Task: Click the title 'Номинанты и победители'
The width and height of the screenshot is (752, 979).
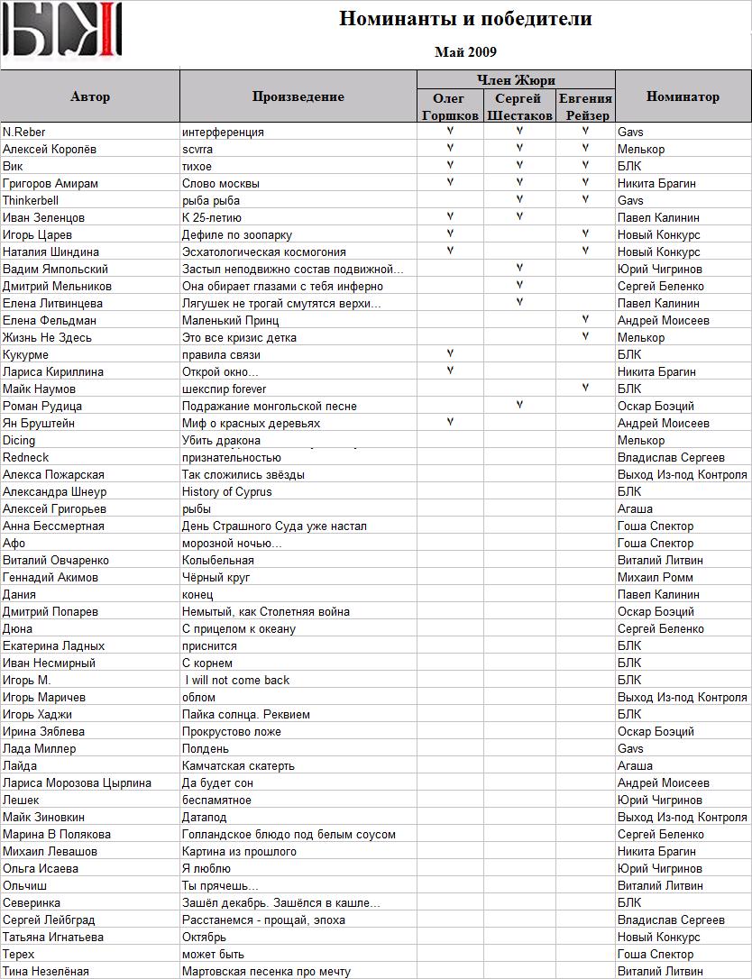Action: (x=465, y=19)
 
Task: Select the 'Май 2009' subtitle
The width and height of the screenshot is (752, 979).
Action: (x=465, y=52)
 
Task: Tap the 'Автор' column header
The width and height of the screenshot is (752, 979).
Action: (x=90, y=96)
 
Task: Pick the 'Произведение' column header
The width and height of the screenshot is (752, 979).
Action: (x=298, y=96)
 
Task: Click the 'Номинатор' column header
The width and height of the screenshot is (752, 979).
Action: (x=683, y=96)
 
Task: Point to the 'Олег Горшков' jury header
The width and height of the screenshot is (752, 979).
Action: (x=450, y=106)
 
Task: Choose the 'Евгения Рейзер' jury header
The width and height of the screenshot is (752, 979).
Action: (x=585, y=106)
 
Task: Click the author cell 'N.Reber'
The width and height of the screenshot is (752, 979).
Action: (x=24, y=132)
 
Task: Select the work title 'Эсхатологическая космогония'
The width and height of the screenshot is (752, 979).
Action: (x=264, y=252)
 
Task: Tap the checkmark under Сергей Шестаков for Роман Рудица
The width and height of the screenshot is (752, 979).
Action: (x=519, y=405)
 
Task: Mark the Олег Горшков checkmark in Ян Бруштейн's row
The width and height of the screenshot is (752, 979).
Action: (x=450, y=422)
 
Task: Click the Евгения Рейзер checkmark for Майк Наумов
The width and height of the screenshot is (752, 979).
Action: (x=585, y=388)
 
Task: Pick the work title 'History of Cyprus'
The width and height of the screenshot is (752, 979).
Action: (x=226, y=491)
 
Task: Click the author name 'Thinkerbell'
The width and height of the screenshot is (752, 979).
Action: (x=31, y=200)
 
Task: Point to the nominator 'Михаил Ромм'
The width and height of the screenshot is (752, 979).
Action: (x=655, y=577)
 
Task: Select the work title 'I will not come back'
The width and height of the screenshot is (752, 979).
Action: (x=237, y=680)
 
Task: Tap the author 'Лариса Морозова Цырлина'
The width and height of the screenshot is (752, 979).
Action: (x=77, y=782)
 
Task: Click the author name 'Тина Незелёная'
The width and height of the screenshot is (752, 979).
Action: (x=46, y=971)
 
